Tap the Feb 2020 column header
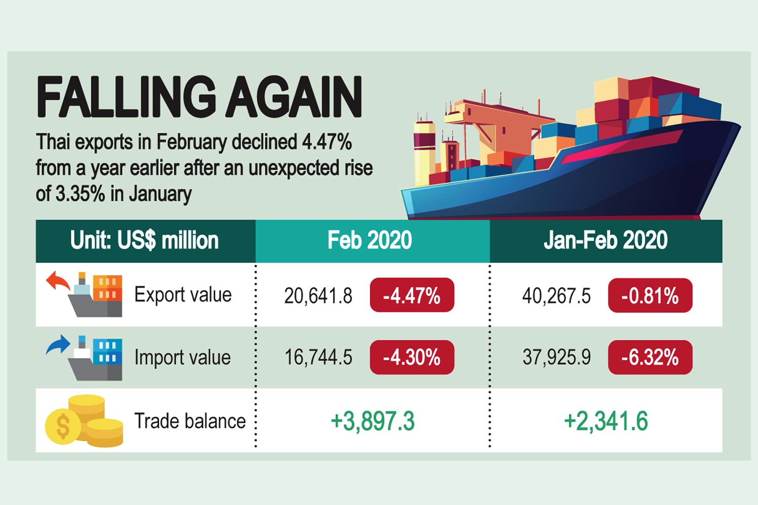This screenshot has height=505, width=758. pyautogui.click(x=370, y=240)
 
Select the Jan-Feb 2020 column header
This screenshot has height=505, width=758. pyautogui.click(x=605, y=240)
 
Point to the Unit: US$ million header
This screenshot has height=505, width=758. pyautogui.click(x=145, y=240)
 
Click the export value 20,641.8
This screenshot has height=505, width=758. pyautogui.click(x=318, y=296)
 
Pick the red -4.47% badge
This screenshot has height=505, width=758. pyautogui.click(x=412, y=295)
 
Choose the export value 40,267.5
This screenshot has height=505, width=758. pyautogui.click(x=556, y=296)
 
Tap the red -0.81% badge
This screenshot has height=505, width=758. pyautogui.click(x=650, y=295)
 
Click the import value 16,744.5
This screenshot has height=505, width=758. pyautogui.click(x=318, y=358)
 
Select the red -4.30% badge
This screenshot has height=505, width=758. pyautogui.click(x=412, y=358)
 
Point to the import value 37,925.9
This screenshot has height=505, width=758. pyautogui.click(x=556, y=358)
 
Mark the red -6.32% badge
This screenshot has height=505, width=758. pyautogui.click(x=650, y=358)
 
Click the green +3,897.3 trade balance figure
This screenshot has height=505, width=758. pyautogui.click(x=372, y=421)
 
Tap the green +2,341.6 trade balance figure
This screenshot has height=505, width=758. pyautogui.click(x=606, y=421)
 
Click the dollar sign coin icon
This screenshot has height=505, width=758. pyautogui.click(x=63, y=426)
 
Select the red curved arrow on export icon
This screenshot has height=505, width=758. pyautogui.click(x=57, y=280)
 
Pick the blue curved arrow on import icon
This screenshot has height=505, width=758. pyautogui.click(x=57, y=344)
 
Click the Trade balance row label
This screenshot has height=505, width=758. pyautogui.click(x=189, y=421)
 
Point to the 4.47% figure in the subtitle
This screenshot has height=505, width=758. pyautogui.click(x=326, y=142)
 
